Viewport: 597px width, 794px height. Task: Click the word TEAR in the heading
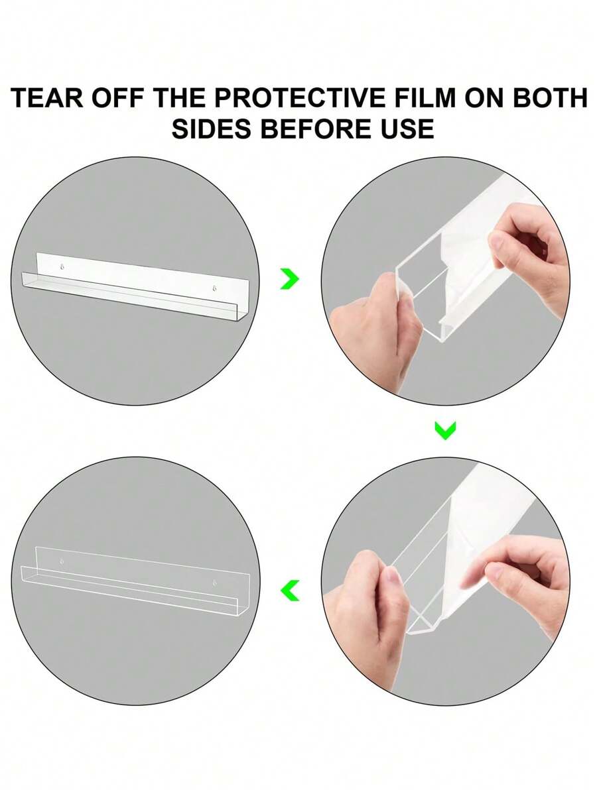click(46, 97)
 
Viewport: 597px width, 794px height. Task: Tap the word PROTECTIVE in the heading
click(300, 97)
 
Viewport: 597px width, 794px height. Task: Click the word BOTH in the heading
click(550, 97)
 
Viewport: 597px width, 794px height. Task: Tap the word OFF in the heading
click(118, 97)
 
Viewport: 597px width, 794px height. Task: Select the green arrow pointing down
click(445, 430)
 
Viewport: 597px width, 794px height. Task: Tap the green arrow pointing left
click(290, 591)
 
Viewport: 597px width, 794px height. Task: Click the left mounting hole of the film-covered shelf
click(62, 267)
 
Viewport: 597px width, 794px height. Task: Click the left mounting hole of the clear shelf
click(62, 562)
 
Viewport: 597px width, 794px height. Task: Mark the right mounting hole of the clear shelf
click(214, 583)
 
